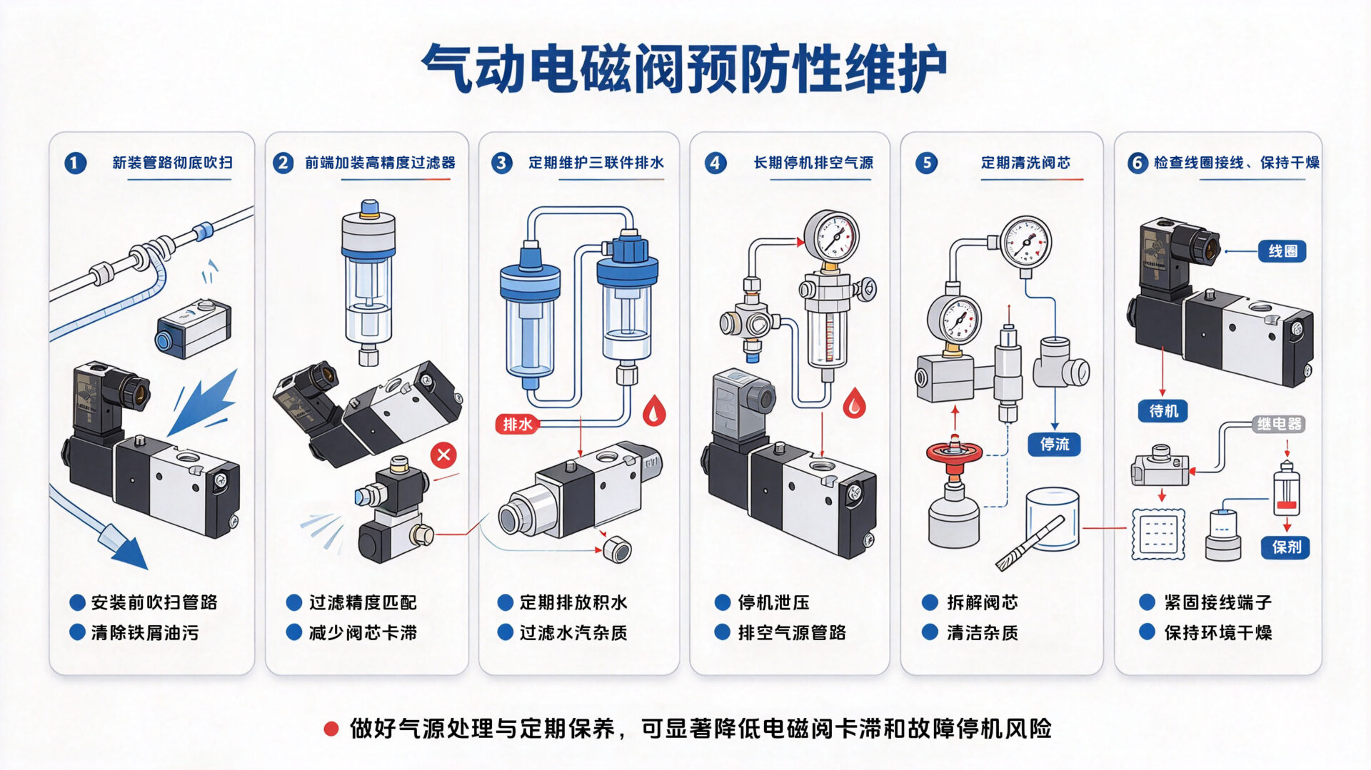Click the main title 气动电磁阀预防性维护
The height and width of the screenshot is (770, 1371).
[x=684, y=69]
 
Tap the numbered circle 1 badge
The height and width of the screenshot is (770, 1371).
[x=75, y=163]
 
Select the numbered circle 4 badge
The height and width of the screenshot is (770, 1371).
[x=715, y=163]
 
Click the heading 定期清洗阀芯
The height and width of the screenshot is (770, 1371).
[x=1025, y=163]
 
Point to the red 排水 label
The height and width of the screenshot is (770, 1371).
[x=518, y=425]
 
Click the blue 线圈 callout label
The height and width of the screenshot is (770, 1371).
[x=1282, y=251]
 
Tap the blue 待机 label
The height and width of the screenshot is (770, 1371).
[x=1163, y=411]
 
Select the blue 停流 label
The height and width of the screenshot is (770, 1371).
[x=1055, y=445]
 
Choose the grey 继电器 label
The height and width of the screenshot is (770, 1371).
[x=1280, y=424]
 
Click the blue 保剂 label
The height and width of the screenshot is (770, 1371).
[x=1286, y=547]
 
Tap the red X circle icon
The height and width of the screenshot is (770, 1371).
[x=443, y=455]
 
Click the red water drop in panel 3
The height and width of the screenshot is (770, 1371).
[x=654, y=411]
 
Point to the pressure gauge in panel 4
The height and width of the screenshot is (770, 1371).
[x=831, y=236]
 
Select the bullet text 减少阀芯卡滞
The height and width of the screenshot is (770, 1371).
[x=363, y=633]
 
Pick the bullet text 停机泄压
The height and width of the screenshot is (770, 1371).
[x=773, y=603]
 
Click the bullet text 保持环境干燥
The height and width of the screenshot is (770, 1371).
[x=1218, y=633]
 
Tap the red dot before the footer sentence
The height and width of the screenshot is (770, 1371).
[x=331, y=729]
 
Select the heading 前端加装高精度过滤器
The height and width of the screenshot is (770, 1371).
[x=380, y=163]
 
